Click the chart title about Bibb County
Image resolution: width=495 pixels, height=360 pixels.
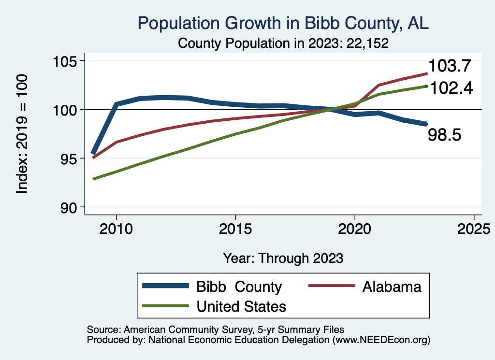283,23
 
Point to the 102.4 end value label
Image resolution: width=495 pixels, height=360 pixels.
451,88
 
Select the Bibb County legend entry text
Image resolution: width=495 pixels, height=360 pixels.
239,287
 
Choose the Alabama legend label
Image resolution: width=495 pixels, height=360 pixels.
392,287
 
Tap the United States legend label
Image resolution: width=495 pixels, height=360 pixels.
241,306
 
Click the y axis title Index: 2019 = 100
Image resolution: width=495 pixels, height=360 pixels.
22,134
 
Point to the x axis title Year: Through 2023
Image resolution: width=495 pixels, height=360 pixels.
283,258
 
